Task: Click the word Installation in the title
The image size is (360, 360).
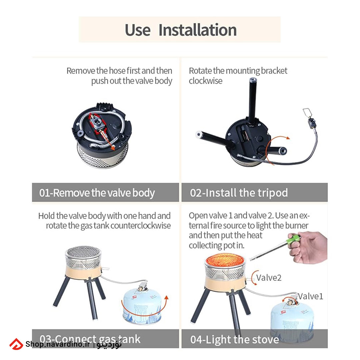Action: pos(197,30)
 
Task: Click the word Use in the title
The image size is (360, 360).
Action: pos(138,30)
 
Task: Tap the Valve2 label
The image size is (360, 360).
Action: pos(269,278)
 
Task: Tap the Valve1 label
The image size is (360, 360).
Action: pos(310,296)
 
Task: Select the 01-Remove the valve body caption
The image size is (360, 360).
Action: pos(97,193)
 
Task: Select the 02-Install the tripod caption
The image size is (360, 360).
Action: pos(239,193)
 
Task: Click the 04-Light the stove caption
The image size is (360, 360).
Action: pos(235,340)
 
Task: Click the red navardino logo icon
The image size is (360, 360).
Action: pos(16,344)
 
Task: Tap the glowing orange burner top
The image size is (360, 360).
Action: pos(225,260)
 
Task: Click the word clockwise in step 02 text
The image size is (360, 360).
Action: pos(205,81)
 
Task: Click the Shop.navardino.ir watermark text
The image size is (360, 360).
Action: pos(58,344)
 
